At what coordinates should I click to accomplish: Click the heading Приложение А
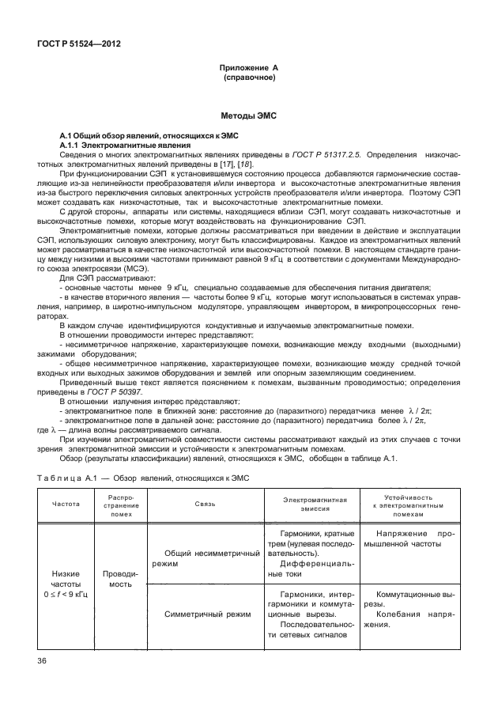point(248,69)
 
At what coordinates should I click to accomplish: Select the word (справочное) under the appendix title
point(248,78)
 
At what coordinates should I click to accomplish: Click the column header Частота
point(66,504)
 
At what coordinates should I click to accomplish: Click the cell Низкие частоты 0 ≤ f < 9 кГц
point(66,583)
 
